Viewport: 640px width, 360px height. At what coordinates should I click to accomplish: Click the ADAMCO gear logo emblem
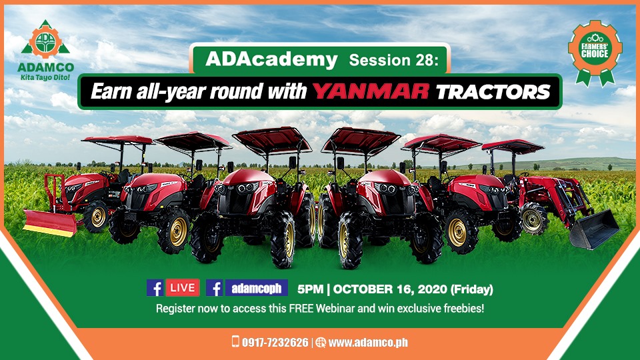[45, 40]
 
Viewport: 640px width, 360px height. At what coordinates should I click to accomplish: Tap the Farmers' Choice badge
[595, 52]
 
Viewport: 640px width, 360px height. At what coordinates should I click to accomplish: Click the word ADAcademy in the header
[271, 59]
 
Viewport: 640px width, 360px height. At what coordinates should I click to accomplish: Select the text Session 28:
[393, 61]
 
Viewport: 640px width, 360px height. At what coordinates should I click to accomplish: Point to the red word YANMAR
[371, 91]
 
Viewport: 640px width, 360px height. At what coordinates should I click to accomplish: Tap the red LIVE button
[183, 288]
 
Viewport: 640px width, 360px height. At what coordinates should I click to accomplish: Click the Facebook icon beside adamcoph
[214, 288]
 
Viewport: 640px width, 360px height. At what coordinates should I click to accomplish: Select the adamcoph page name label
[256, 288]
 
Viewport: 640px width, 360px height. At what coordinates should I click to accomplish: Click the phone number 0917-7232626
[275, 343]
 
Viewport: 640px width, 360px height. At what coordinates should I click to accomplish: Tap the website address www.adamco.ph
[368, 343]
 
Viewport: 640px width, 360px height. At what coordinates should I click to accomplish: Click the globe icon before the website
[321, 343]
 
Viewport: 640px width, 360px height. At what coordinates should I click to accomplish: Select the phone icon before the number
[235, 341]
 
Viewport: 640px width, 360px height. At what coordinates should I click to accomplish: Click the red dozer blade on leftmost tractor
[50, 223]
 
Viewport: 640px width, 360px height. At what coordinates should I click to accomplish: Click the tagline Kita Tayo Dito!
[45, 77]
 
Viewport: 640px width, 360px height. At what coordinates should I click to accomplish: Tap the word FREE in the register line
[301, 308]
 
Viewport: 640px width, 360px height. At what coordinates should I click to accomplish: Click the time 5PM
[310, 289]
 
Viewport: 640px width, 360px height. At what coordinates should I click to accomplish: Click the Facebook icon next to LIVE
[155, 288]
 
